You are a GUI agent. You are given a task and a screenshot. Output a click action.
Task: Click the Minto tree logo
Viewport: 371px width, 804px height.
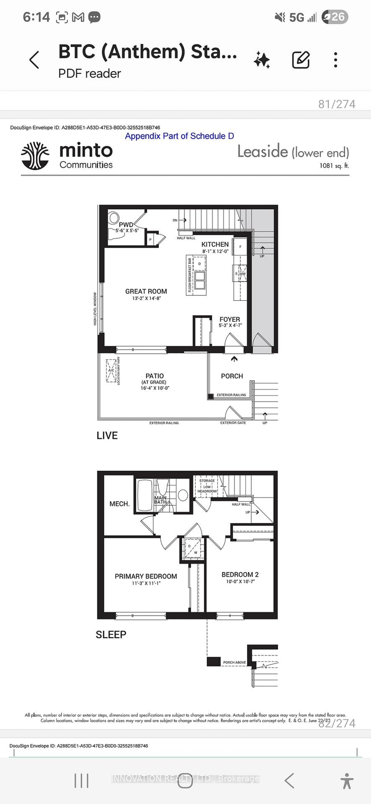tap(35, 156)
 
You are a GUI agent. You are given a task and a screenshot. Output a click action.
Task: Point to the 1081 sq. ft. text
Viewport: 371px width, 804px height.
tap(334, 166)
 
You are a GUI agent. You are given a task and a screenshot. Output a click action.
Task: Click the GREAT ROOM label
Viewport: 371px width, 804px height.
tap(146, 291)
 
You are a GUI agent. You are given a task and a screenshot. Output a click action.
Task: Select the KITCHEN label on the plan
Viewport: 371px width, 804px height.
tap(215, 244)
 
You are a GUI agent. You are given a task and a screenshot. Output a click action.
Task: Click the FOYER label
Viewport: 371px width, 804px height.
tap(230, 319)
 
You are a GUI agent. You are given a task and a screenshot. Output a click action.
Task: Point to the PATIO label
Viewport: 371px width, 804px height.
tap(154, 376)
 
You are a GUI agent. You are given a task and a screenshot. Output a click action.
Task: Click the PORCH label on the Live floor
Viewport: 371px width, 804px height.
tap(232, 376)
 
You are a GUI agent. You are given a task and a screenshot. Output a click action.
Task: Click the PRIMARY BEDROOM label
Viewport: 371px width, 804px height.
tap(146, 576)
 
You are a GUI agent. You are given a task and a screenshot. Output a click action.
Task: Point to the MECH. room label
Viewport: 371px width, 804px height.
tap(119, 504)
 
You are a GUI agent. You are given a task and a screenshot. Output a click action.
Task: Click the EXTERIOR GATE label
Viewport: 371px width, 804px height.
tap(233, 423)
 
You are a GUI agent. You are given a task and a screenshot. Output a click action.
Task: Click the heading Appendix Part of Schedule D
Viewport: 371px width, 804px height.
tap(179, 136)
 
